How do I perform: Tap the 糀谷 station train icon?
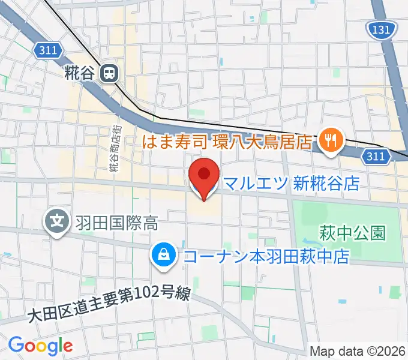pyautogui.click(x=110, y=73)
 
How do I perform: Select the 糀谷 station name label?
pyautogui.click(x=79, y=74)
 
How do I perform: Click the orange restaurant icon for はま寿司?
pyautogui.click(x=329, y=142)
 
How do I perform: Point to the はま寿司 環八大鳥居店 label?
pyautogui.click(x=228, y=142)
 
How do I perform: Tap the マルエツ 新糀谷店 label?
pyautogui.click(x=290, y=183)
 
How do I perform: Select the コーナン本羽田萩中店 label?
pyautogui.click(x=266, y=257)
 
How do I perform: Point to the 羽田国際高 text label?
pyautogui.click(x=116, y=224)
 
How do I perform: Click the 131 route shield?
pyautogui.click(x=380, y=28)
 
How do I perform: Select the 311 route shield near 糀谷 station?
pyautogui.click(x=47, y=51)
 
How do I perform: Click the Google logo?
pyautogui.click(x=40, y=345)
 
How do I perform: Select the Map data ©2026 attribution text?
pyautogui.click(x=358, y=351)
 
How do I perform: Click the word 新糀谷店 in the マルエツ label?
pyautogui.click(x=326, y=183)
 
